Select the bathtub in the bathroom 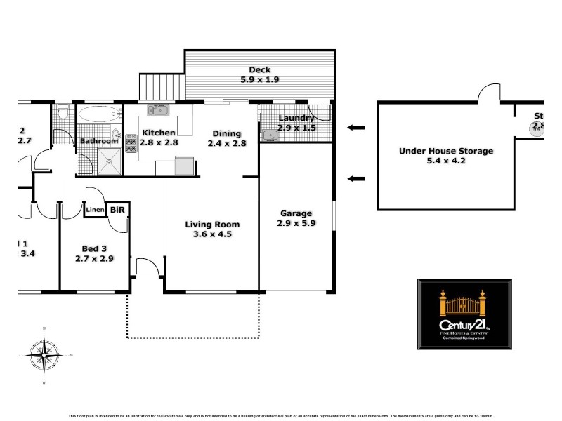click(x=98, y=114)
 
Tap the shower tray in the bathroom click(x=110, y=161)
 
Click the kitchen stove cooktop click(x=131, y=145)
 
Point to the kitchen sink click(x=157, y=109)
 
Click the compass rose click(x=44, y=355)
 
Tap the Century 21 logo click(x=464, y=314)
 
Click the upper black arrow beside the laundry click(x=356, y=127)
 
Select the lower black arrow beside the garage click(x=356, y=178)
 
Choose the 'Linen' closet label click(x=95, y=209)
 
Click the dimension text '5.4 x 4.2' click(x=446, y=161)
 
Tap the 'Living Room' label click(x=212, y=225)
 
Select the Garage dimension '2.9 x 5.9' click(x=296, y=224)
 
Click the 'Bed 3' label click(x=94, y=248)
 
